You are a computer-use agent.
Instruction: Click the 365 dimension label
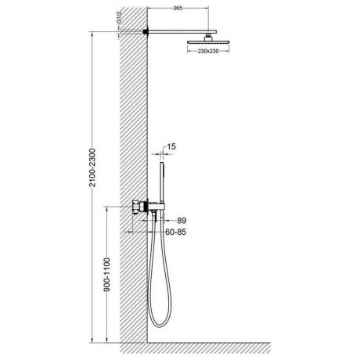click(x=178, y=8)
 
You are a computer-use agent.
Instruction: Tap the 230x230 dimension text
click(x=208, y=51)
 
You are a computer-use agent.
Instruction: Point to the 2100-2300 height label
click(x=92, y=167)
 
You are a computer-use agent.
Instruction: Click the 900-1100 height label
click(x=107, y=275)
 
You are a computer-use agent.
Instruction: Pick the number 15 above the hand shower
click(x=171, y=146)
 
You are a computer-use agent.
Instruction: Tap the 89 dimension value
click(x=182, y=221)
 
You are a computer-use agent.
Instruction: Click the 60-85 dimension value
click(x=176, y=232)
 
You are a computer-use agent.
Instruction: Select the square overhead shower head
click(x=208, y=41)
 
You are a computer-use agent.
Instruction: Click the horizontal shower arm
click(x=182, y=31)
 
